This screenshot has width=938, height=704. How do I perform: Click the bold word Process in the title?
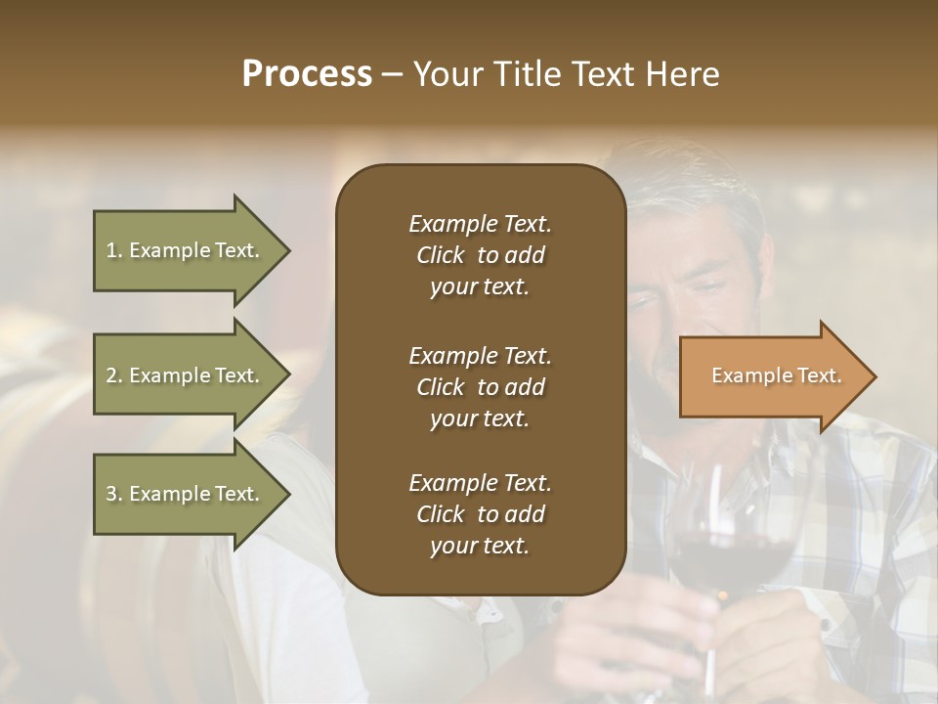point(307,74)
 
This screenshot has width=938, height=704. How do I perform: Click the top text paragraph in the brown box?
point(480,255)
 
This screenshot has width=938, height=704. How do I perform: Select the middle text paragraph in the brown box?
point(480,386)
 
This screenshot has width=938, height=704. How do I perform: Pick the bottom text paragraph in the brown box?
point(480,514)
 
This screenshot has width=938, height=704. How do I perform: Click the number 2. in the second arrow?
point(114,375)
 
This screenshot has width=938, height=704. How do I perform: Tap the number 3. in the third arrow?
point(114,494)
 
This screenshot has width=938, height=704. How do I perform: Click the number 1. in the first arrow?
point(113,250)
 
